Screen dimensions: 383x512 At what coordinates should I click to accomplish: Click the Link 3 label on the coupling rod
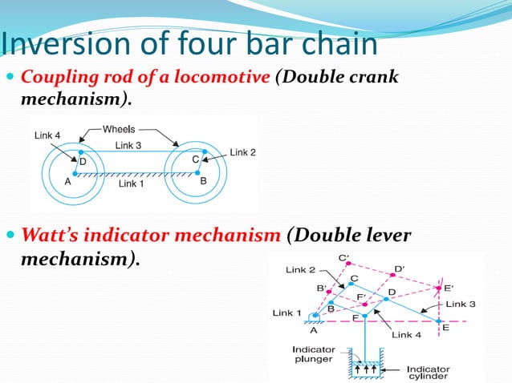(x=128, y=145)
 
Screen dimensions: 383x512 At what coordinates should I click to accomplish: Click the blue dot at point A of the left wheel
(x=75, y=173)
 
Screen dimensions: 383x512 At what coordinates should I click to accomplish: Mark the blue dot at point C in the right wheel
(x=204, y=151)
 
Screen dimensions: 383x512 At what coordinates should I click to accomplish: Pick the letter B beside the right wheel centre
(x=203, y=181)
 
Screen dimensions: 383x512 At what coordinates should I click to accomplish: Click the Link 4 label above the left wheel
(x=47, y=135)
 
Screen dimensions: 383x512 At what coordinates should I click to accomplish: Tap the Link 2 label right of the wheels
(x=242, y=152)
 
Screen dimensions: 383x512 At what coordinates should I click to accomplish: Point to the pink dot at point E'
(x=438, y=287)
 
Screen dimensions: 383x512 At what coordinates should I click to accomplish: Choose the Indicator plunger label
(x=314, y=354)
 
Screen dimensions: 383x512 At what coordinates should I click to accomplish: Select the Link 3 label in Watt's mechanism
(x=461, y=304)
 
